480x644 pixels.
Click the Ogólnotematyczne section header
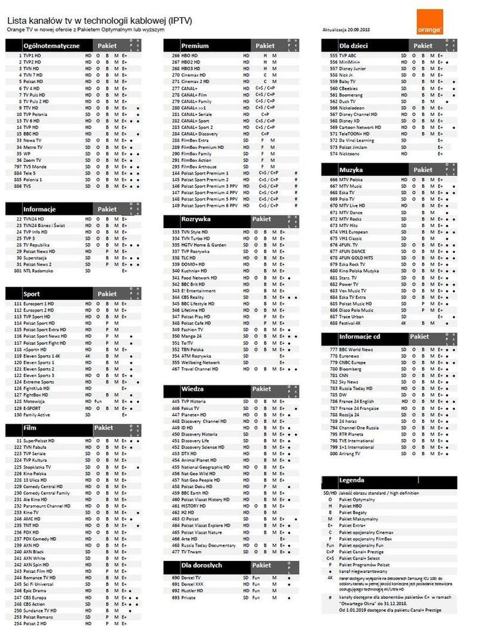pos(51,46)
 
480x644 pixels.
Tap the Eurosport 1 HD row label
pos(39,304)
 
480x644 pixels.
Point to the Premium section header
pos(195,46)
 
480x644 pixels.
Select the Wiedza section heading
pos(193,389)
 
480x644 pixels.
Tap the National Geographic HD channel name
pos(205,467)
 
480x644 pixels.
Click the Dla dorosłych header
pos(201,565)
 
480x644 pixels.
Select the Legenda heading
pos(369,481)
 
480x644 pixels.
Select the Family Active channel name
pos(37,415)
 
